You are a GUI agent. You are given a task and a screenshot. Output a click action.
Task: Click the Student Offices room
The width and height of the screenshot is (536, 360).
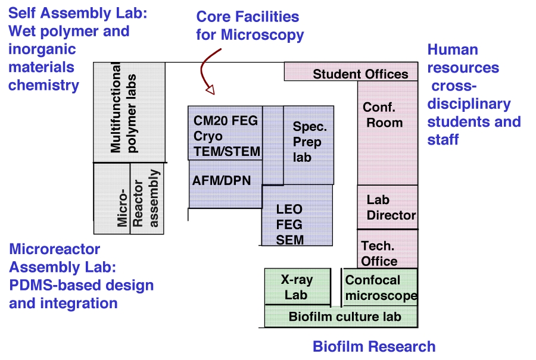click(351, 71)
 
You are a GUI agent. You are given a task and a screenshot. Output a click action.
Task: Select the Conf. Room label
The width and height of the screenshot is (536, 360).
click(382, 115)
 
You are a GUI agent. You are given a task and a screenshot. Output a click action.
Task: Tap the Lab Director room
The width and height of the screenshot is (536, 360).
click(388, 207)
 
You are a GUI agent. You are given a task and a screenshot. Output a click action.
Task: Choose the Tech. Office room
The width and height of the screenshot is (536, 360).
click(388, 249)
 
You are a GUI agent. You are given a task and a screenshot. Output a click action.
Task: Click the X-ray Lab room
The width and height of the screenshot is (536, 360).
click(298, 287)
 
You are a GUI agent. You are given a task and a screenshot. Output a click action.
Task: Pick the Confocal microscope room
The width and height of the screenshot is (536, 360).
click(380, 287)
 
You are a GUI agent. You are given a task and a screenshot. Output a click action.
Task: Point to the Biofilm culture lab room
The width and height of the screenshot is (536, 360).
click(341, 317)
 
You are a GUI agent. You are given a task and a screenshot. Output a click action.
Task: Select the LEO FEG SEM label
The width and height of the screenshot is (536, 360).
click(289, 224)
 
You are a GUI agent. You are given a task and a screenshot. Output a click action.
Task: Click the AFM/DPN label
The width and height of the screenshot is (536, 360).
click(222, 180)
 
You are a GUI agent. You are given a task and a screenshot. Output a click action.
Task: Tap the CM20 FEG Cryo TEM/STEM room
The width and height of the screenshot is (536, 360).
click(225, 133)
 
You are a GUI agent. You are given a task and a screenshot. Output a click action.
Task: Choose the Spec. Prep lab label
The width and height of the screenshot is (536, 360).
click(310, 142)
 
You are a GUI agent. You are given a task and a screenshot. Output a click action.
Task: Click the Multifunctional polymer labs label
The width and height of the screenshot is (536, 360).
click(123, 108)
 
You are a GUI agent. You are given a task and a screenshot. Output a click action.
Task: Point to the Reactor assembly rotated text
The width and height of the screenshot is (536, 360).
click(146, 198)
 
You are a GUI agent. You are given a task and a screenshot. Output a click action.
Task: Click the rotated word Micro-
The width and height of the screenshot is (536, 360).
click(122, 208)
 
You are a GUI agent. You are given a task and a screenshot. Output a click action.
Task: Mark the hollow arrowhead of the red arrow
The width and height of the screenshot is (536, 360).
click(210, 90)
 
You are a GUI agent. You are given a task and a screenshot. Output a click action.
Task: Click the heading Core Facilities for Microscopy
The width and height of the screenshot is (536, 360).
click(250, 26)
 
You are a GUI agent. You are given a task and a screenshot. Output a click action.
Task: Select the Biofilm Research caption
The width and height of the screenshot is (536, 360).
click(374, 346)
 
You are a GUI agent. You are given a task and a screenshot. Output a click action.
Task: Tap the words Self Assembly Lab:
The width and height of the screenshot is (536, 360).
click(77, 13)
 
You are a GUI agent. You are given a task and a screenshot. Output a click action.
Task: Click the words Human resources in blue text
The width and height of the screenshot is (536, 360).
click(463, 59)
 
